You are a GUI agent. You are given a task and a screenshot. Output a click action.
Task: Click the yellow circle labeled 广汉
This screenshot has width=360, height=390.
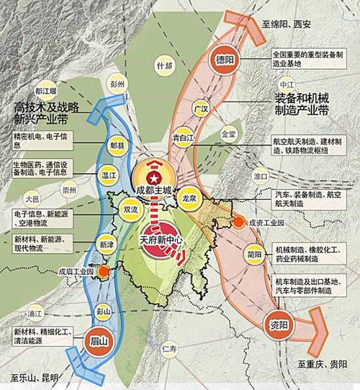201,110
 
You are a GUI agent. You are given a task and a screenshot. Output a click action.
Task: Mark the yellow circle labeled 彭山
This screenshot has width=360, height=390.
102,311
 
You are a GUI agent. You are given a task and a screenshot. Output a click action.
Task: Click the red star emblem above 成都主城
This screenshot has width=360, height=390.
153,177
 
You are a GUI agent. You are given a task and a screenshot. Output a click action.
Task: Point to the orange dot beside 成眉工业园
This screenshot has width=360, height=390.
107,272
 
